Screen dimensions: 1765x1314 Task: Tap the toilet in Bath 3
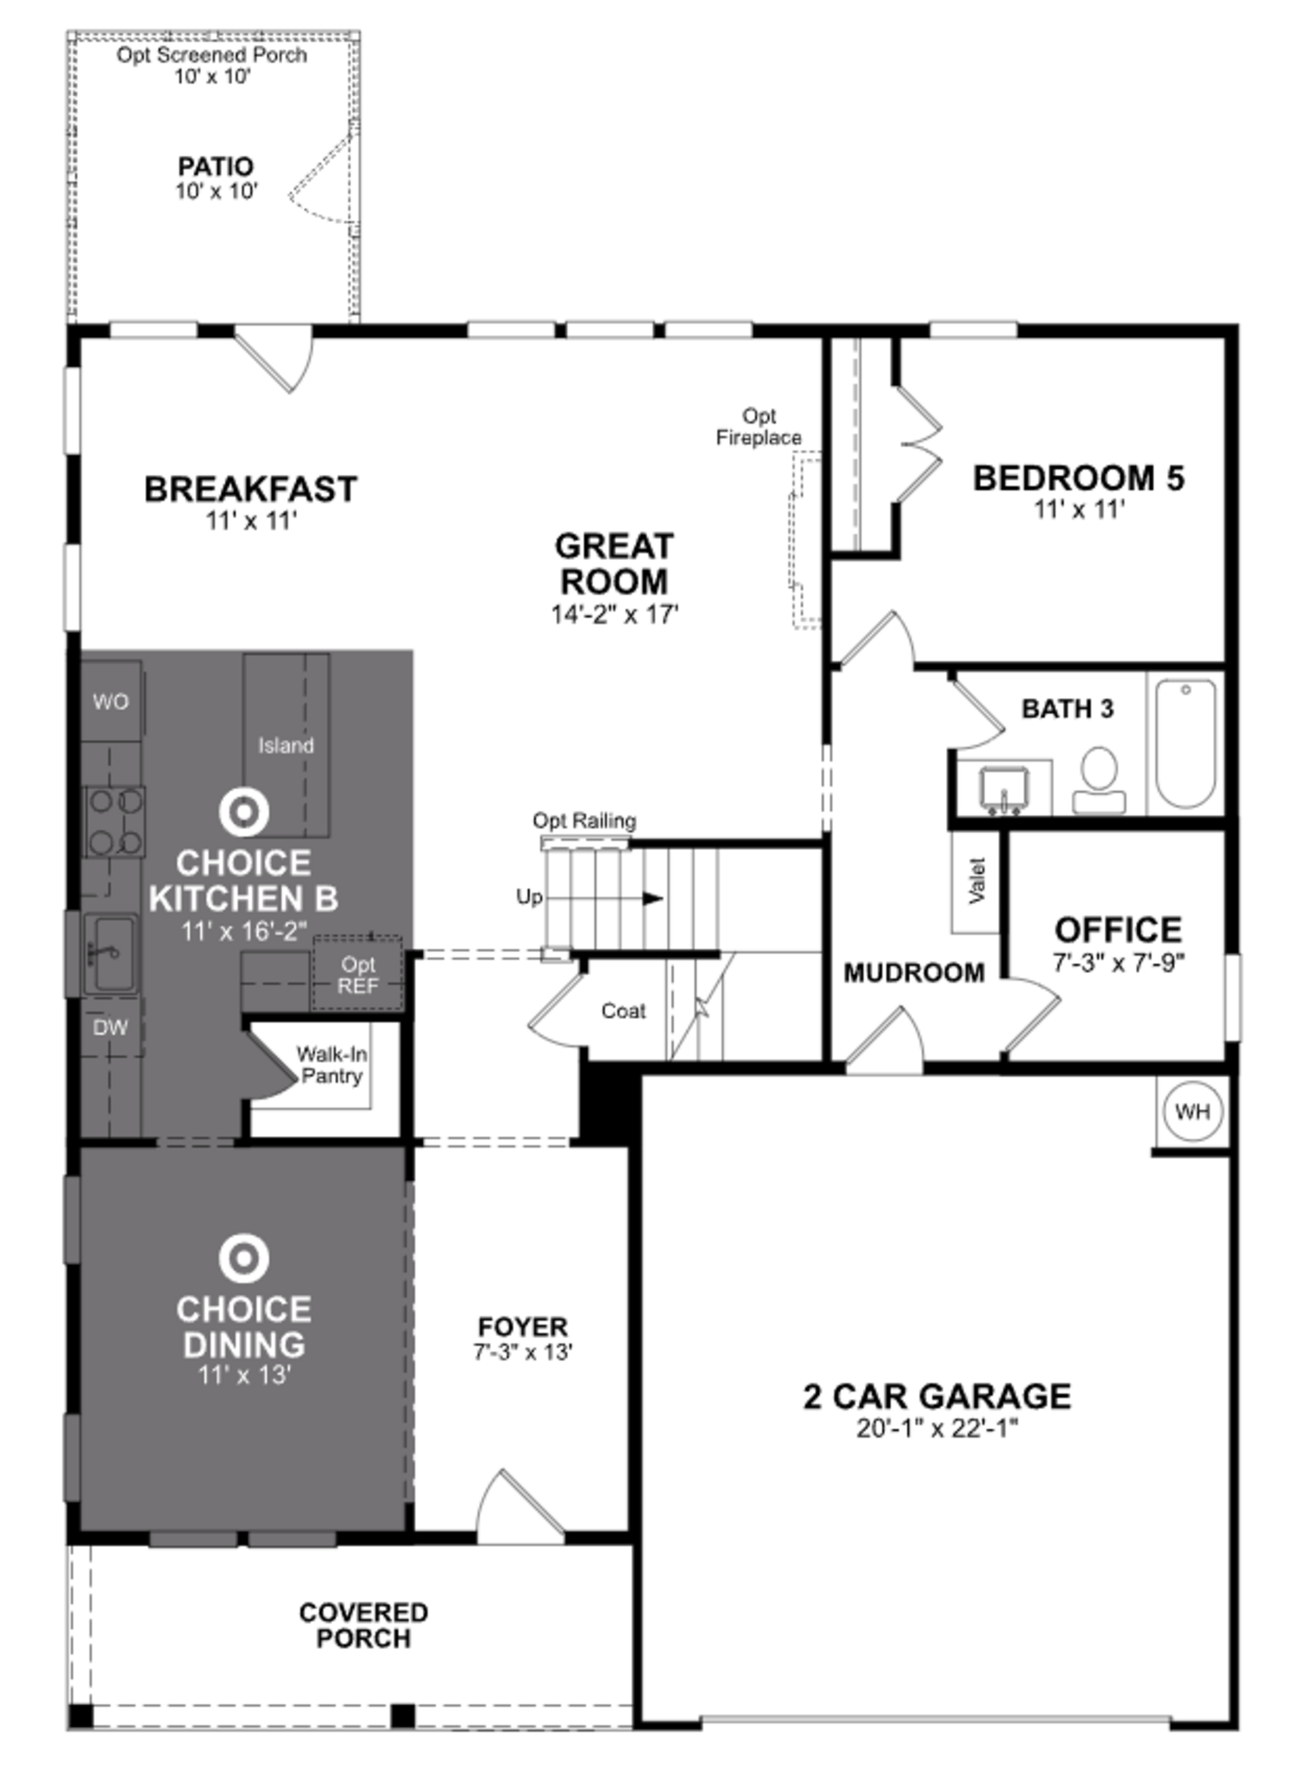coord(1099,780)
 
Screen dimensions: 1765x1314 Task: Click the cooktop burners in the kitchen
coord(115,821)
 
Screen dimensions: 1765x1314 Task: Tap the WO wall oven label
coord(111,702)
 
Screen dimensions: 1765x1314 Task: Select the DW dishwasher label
coord(111,1027)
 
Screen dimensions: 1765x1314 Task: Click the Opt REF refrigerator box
coord(358,975)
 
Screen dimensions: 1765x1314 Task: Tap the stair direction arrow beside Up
coord(652,898)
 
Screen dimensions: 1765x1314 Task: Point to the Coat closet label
coord(623,1011)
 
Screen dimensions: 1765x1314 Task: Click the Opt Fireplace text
coord(758,427)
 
